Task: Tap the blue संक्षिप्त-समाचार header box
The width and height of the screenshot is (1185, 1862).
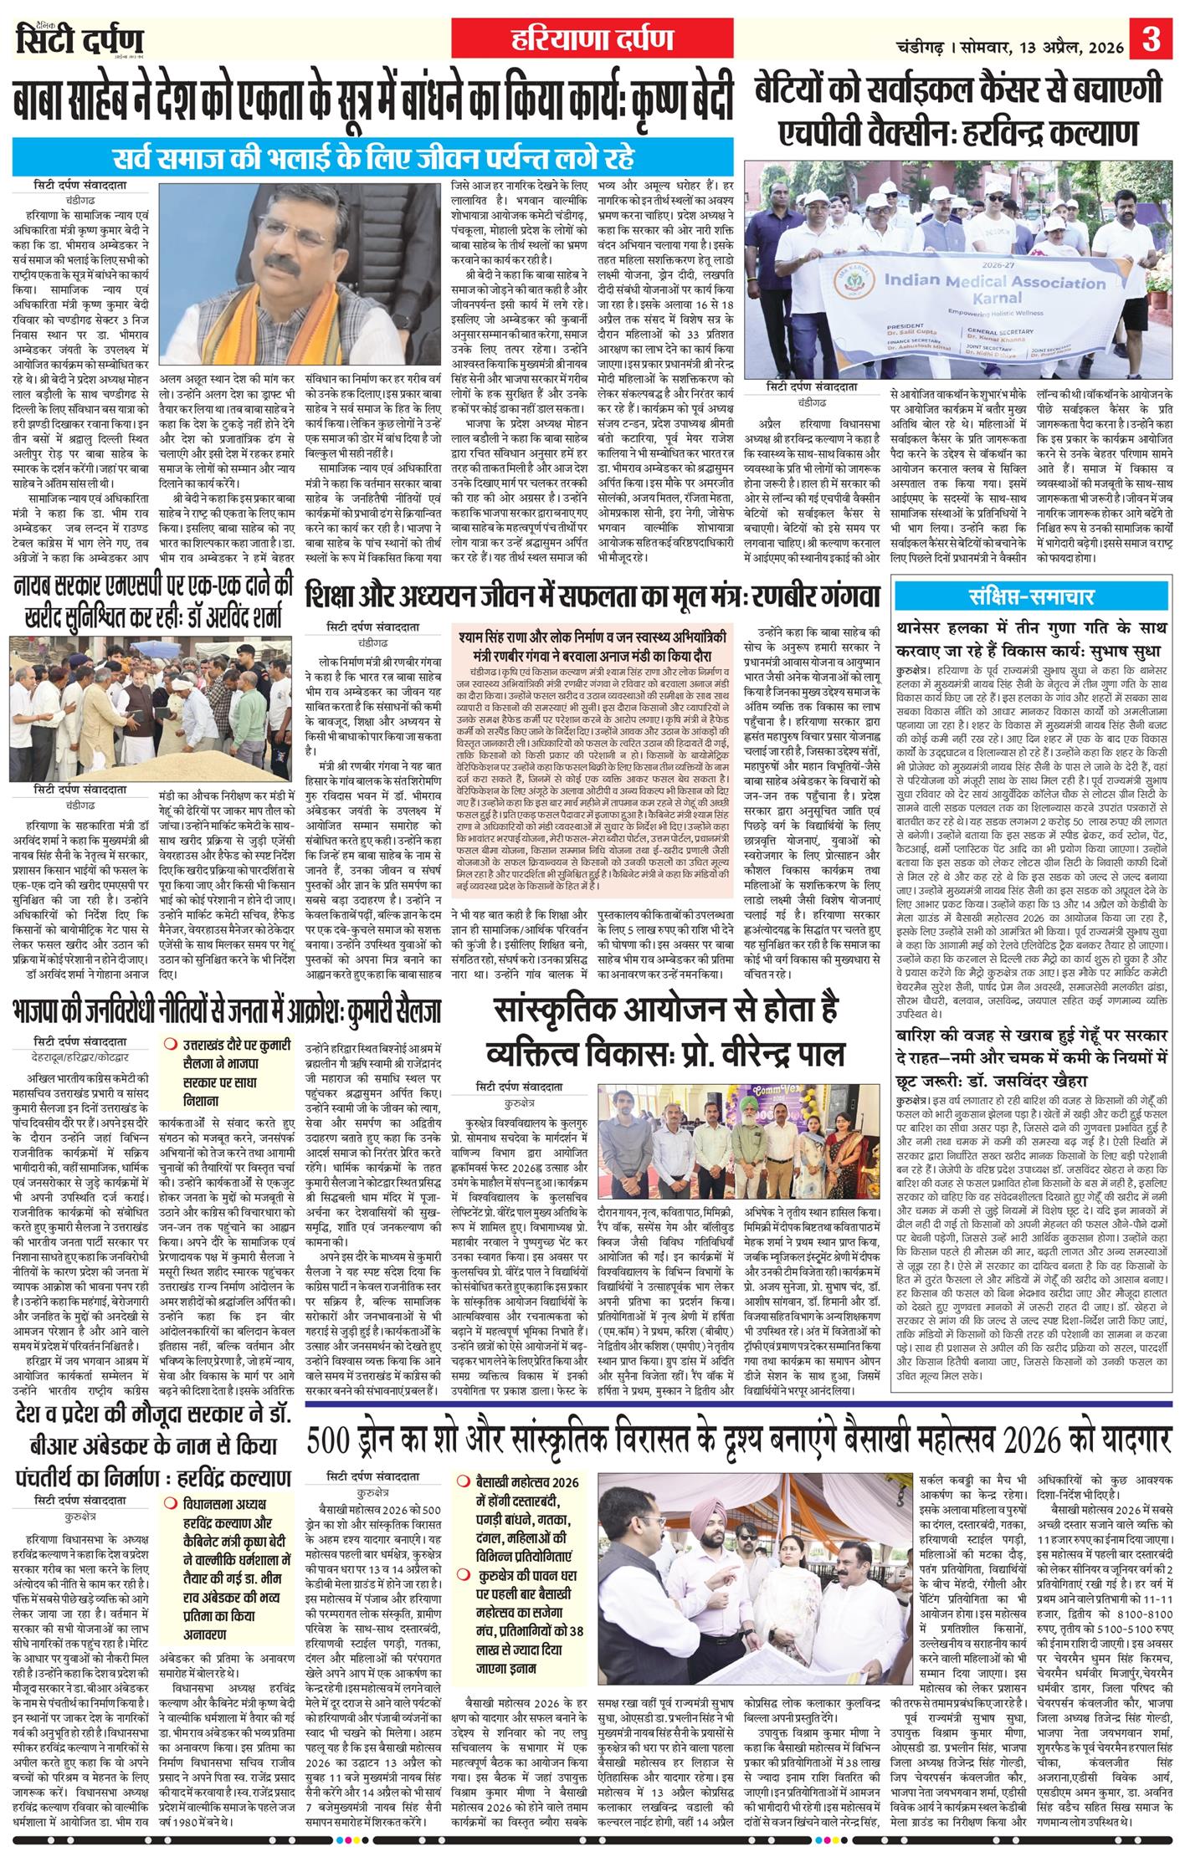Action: coord(1031,600)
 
